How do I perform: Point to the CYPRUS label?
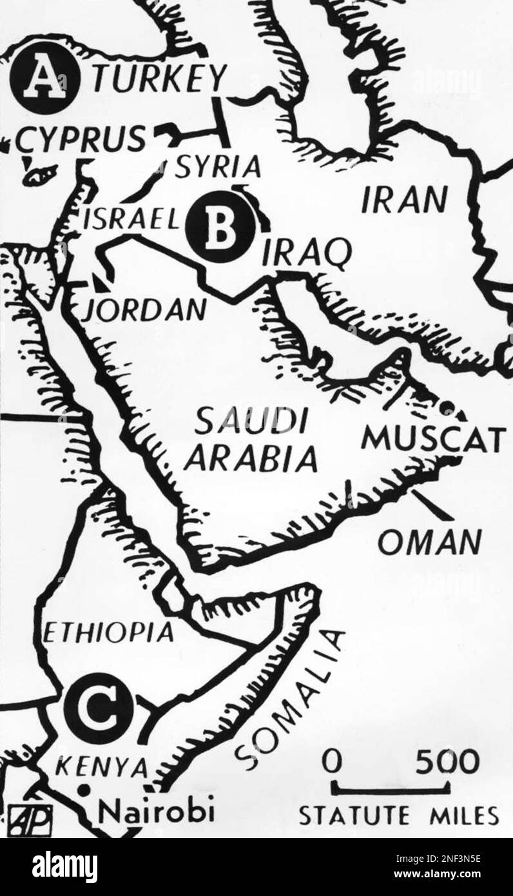tap(81, 139)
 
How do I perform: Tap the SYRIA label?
tap(218, 168)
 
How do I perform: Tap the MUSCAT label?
tap(431, 440)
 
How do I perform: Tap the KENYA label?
tap(102, 767)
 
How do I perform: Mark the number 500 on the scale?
tap(447, 763)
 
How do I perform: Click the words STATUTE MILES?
tap(398, 817)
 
